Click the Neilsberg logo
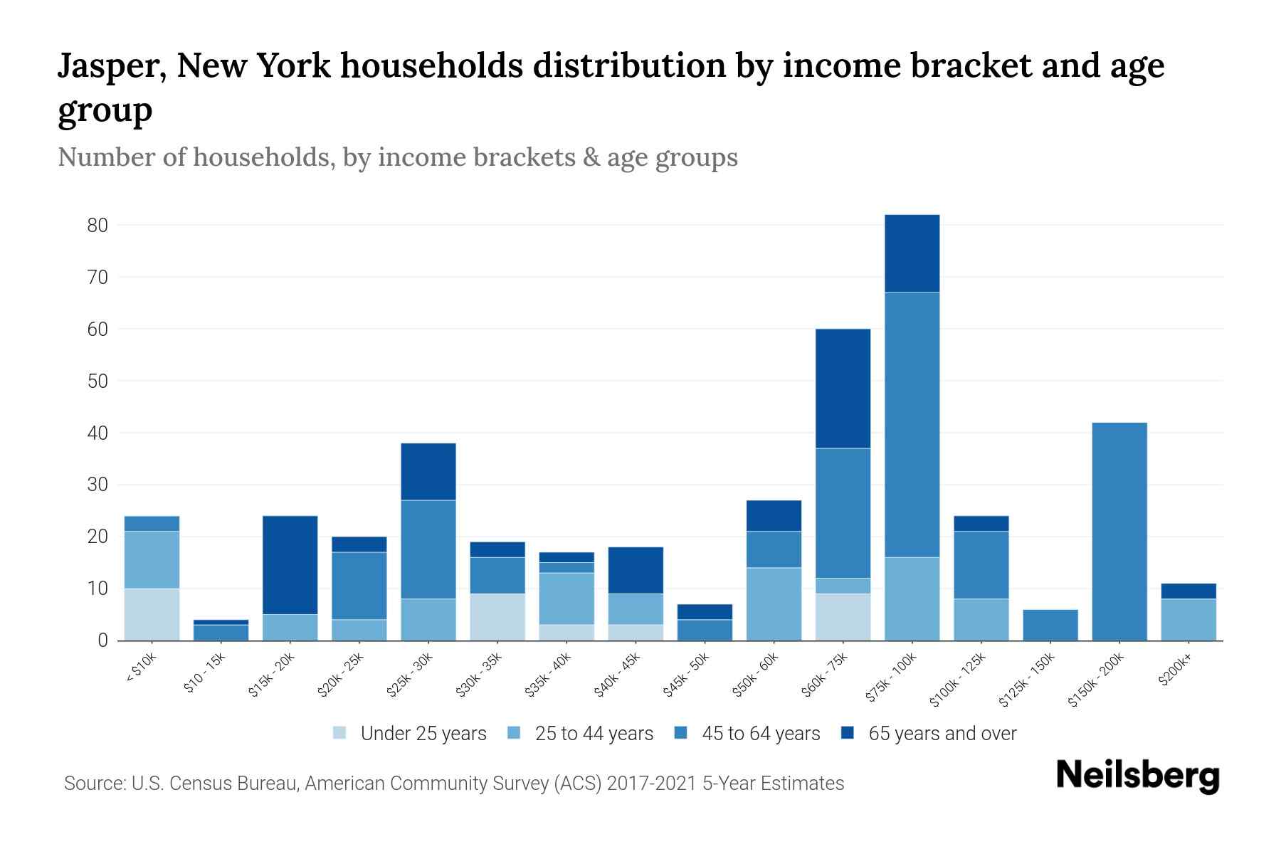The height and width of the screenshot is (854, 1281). pyautogui.click(x=1137, y=776)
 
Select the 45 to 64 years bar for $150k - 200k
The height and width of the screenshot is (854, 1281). pyautogui.click(x=1119, y=532)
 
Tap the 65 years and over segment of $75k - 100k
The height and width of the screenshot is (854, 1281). pyautogui.click(x=912, y=253)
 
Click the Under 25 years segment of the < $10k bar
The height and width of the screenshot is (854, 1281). pyautogui.click(x=152, y=614)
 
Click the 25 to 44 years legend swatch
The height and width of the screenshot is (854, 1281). pyautogui.click(x=514, y=733)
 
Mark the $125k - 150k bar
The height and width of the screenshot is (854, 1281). pyautogui.click(x=1050, y=625)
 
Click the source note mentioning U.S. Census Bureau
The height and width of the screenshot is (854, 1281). pyautogui.click(x=453, y=784)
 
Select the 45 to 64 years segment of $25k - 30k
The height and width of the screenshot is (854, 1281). pyautogui.click(x=428, y=549)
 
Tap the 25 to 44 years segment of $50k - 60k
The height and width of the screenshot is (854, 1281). pyautogui.click(x=774, y=603)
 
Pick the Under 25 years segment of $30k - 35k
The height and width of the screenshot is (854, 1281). pyautogui.click(x=497, y=617)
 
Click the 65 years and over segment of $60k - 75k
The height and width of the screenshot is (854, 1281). pyautogui.click(x=843, y=389)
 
